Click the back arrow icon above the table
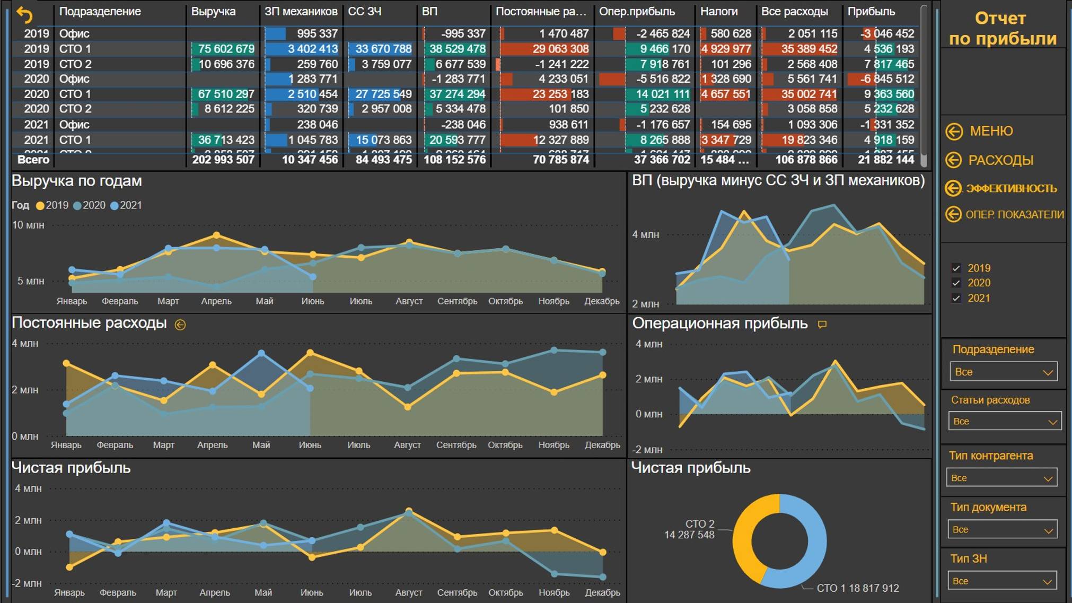[x=24, y=15]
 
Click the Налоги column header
[x=719, y=11]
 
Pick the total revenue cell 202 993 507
[x=223, y=160]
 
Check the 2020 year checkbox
[x=956, y=283]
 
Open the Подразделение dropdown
[x=1003, y=372]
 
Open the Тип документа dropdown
[x=1002, y=529]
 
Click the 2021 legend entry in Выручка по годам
[x=126, y=205]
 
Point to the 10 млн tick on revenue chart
[x=28, y=225]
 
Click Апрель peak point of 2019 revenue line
[x=216, y=234]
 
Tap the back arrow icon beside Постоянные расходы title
[x=180, y=325]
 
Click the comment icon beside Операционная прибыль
[x=822, y=324]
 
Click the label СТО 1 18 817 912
[x=857, y=588]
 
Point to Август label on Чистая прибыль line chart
[x=408, y=592]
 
